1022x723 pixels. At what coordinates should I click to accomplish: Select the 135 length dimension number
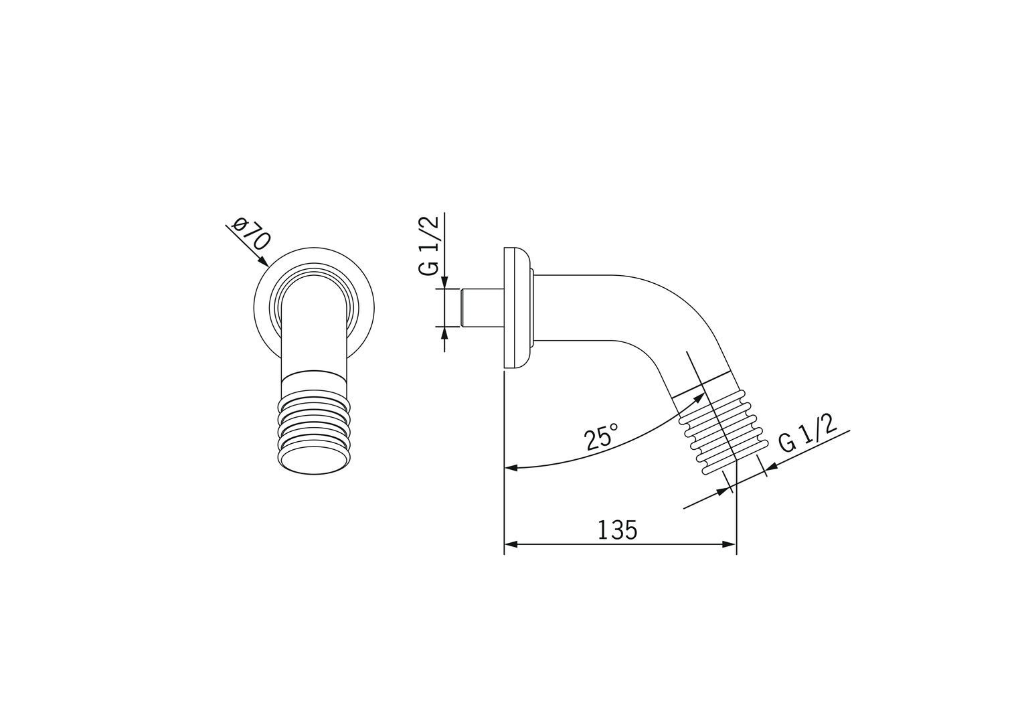click(617, 530)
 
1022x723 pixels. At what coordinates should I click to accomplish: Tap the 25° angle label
click(600, 437)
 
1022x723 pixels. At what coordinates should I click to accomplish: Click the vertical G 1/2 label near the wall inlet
click(429, 246)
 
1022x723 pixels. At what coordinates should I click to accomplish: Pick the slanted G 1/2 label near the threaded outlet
click(808, 434)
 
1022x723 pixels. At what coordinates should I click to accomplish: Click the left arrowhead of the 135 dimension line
click(511, 544)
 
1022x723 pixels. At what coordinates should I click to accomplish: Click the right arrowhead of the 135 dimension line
click(730, 544)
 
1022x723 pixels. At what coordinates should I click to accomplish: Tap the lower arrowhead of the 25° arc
click(511, 468)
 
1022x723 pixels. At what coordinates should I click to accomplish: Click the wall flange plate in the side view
click(515, 307)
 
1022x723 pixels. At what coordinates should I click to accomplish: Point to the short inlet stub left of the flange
click(481, 307)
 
